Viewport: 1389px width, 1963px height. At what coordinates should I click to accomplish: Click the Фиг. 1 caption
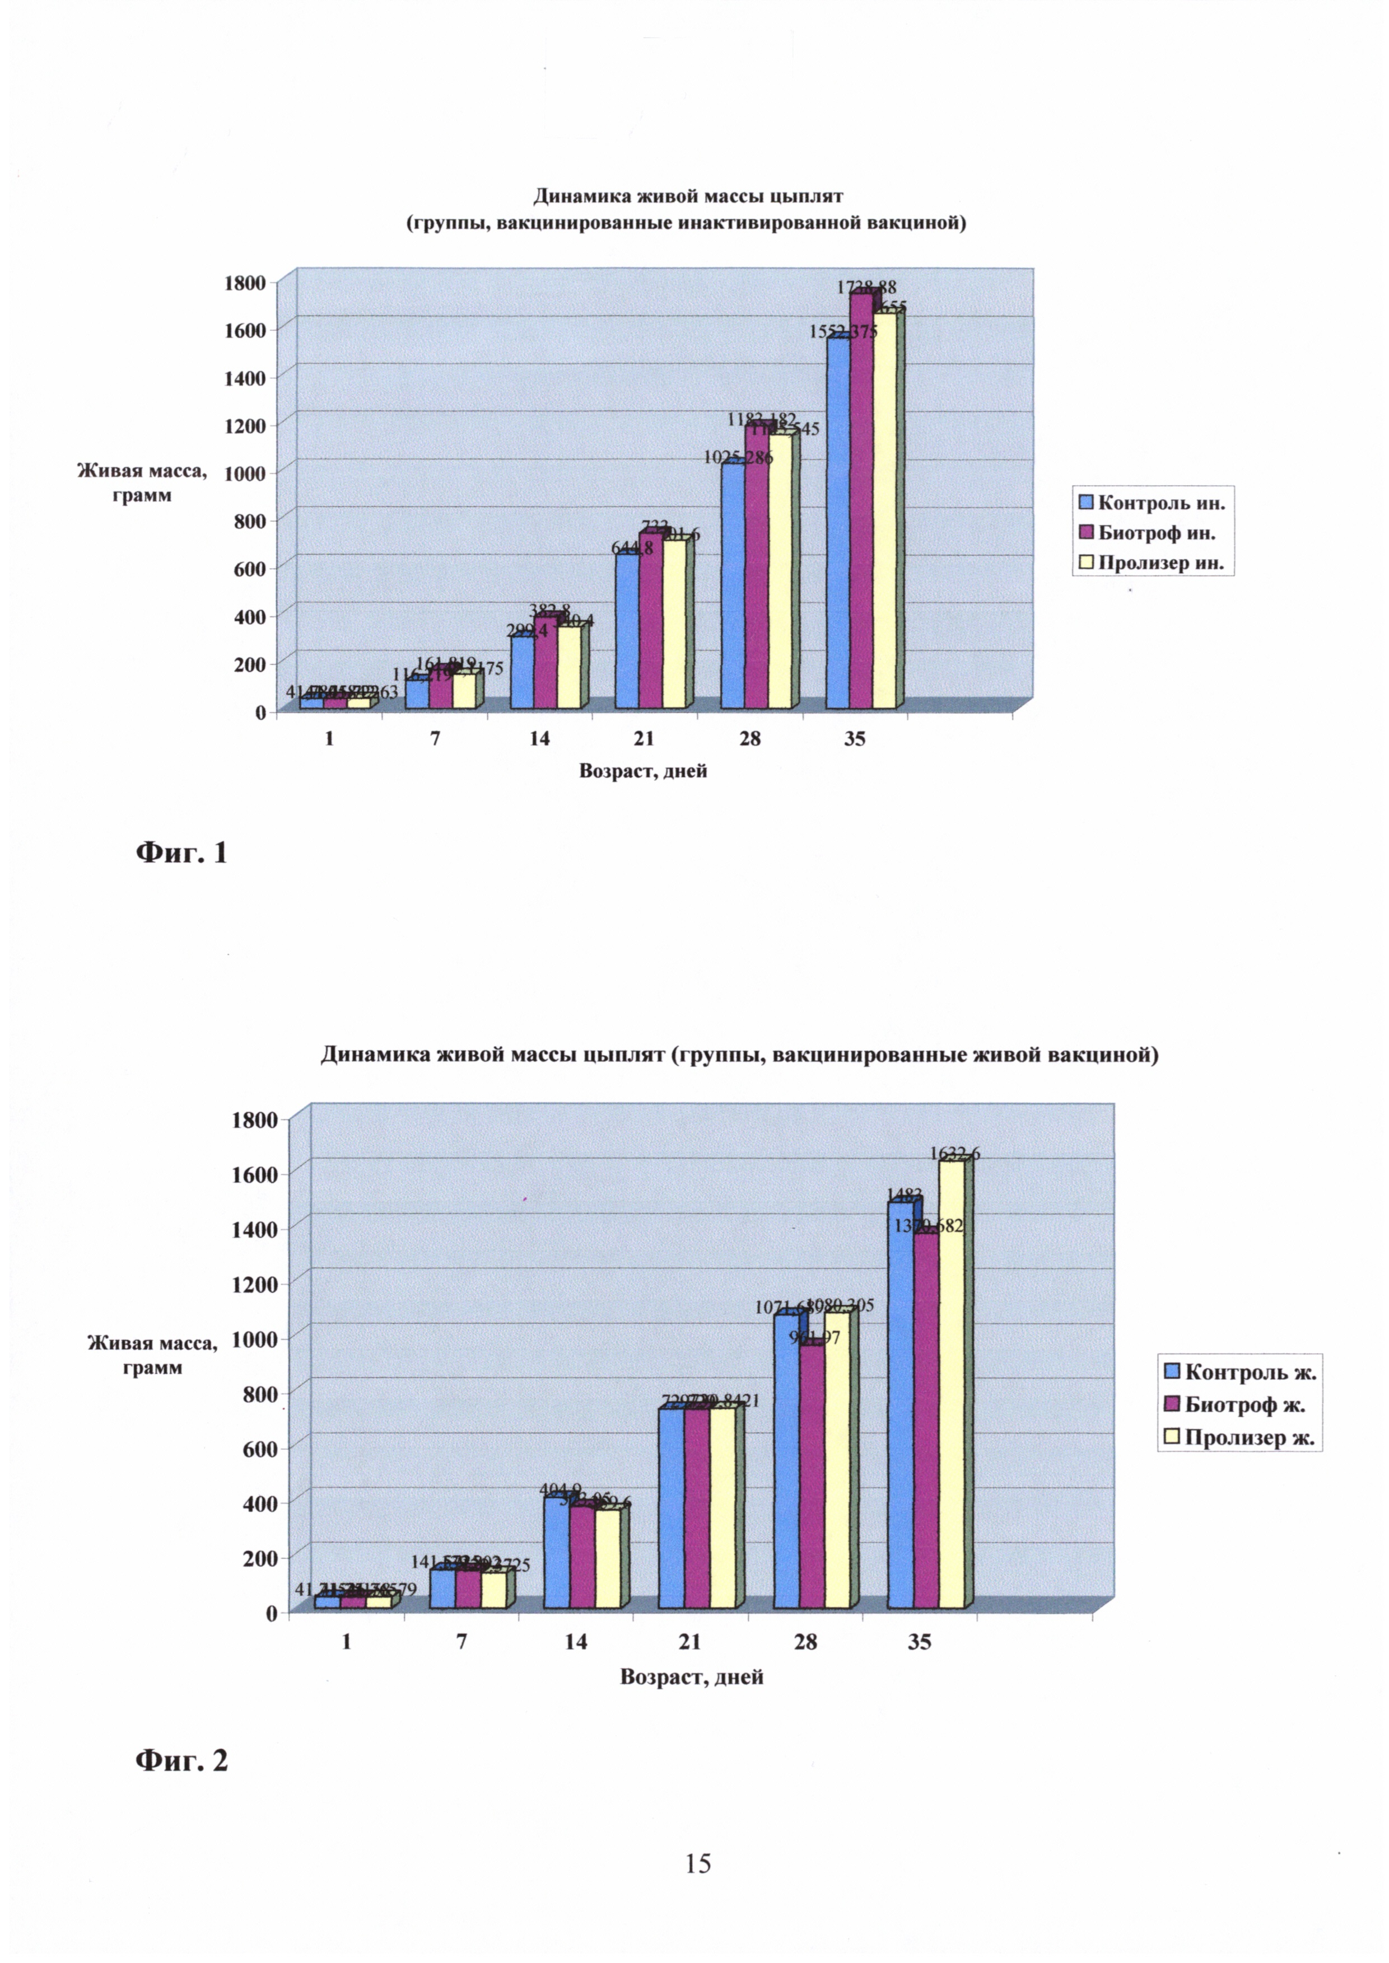point(181,852)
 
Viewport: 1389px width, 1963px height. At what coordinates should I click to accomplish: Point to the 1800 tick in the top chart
point(245,283)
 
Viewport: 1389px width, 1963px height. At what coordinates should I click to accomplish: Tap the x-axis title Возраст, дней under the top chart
point(643,771)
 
